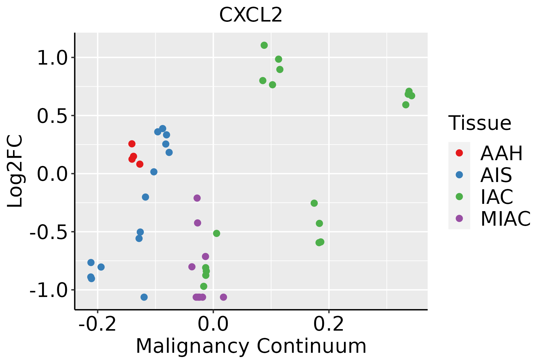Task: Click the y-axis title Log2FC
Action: (x=15, y=171)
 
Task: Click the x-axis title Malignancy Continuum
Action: (x=251, y=346)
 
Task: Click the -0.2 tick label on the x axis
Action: (x=97, y=324)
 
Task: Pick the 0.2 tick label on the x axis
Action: (x=329, y=324)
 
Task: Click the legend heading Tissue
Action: (x=480, y=123)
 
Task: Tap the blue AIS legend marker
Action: (x=459, y=175)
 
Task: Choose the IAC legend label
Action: (x=497, y=197)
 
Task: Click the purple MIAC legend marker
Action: (x=459, y=218)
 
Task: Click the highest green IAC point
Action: (x=264, y=45)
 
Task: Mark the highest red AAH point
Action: (x=132, y=144)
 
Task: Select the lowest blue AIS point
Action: (x=144, y=297)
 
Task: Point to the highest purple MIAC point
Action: (x=197, y=198)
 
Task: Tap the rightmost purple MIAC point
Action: (x=223, y=297)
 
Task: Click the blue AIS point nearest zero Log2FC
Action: (x=154, y=172)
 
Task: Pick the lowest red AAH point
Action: (x=140, y=164)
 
